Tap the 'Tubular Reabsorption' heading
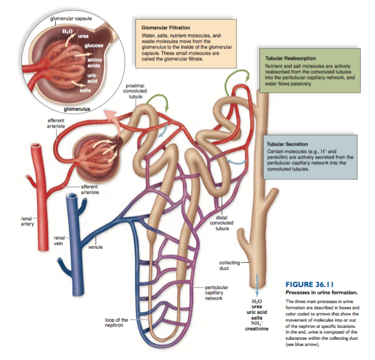click(x=290, y=58)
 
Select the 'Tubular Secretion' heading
click(x=287, y=144)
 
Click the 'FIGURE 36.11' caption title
click(x=309, y=284)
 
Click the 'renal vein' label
click(x=59, y=240)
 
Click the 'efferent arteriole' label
click(x=56, y=123)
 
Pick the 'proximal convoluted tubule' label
click(x=135, y=91)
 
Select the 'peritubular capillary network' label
click(x=217, y=292)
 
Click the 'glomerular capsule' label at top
click(x=71, y=19)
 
